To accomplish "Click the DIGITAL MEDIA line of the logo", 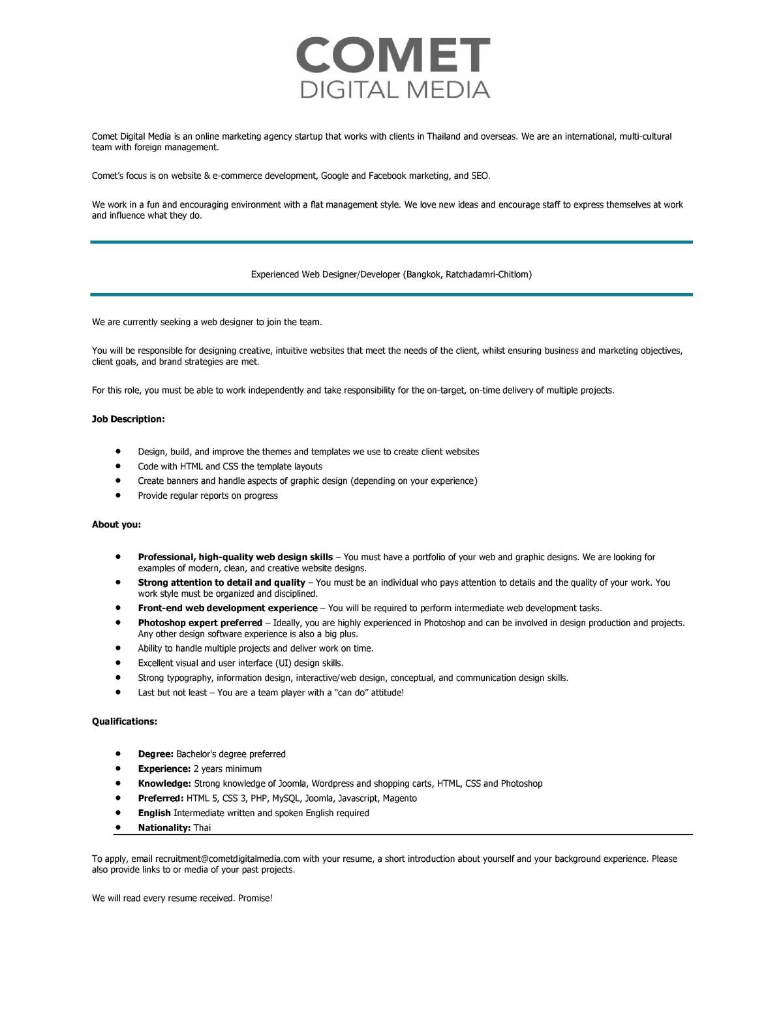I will coord(394,89).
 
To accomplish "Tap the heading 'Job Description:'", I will coord(129,419).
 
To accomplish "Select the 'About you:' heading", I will coord(116,524).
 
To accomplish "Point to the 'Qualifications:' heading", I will coord(125,721).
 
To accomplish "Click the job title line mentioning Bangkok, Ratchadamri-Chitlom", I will coord(391,275).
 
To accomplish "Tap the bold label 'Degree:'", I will coord(155,754).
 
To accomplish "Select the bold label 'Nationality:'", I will coord(164,828).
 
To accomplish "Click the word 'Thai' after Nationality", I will coord(202,828).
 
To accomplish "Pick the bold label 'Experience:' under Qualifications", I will coord(164,769).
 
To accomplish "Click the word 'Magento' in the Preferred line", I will coord(399,799).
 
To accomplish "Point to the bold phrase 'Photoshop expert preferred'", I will coord(200,623).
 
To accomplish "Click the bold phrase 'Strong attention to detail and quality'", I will coord(221,582).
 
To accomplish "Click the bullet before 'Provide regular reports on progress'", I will coord(118,496).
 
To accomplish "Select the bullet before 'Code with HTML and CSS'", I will coord(118,466).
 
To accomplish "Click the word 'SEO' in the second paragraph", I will coord(480,176).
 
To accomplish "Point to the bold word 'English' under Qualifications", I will coord(154,813).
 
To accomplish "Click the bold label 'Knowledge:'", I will coord(164,784).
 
